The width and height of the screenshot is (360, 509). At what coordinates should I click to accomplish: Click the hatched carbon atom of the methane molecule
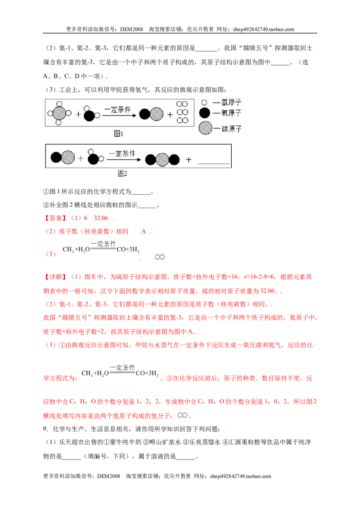tap(59, 113)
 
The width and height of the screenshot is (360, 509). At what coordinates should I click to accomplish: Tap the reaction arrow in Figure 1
tap(119, 116)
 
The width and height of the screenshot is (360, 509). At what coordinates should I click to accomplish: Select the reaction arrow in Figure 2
tap(125, 160)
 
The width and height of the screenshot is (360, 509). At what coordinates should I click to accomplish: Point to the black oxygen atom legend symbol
tap(205, 113)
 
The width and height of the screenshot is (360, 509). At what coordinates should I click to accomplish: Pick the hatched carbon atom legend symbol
tap(205, 128)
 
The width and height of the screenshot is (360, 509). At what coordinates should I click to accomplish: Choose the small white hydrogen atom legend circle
tap(204, 103)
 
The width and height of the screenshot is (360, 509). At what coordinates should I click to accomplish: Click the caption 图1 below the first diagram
tap(119, 134)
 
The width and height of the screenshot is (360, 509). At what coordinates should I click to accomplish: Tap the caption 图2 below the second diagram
tap(122, 174)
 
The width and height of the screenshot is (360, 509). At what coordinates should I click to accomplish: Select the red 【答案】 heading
tap(55, 218)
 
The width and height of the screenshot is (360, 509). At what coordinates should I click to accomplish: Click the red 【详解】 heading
tap(55, 277)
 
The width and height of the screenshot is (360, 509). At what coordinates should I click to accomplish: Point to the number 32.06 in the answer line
tap(101, 218)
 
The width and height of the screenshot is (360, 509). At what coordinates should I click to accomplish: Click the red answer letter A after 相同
tap(144, 232)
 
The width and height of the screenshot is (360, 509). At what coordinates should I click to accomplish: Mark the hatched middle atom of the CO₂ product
tap(162, 160)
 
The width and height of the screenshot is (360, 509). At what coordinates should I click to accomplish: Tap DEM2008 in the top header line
tap(131, 29)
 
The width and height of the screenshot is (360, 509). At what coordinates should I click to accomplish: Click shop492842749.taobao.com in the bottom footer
tap(240, 476)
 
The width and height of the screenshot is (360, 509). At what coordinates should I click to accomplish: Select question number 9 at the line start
tap(45, 429)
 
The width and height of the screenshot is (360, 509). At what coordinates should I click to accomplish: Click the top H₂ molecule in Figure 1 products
tap(182, 104)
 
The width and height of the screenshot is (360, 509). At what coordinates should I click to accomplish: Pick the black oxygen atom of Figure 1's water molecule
tap(89, 115)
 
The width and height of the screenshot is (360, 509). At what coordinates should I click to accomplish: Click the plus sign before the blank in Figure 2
tap(189, 160)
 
